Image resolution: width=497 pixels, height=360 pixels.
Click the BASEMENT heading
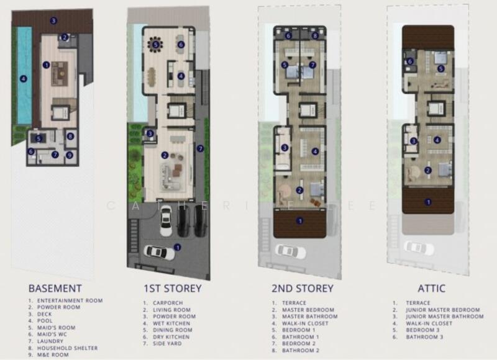coord(55,289)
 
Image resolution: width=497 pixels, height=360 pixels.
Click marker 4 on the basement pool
coord(23,79)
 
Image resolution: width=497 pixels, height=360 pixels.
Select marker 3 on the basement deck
coord(53,20)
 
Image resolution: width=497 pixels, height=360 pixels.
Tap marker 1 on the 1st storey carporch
coord(178,247)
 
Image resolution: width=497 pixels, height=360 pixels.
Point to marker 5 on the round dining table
coord(155,44)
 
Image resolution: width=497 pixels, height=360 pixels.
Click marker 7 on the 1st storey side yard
coord(199,148)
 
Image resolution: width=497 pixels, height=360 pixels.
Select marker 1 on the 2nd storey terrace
coord(299,220)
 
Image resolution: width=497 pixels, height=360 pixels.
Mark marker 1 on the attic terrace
coord(427,202)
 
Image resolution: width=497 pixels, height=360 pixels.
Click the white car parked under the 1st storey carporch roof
coord(166,220)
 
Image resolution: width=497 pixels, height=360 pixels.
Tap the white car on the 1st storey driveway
coord(158,252)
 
